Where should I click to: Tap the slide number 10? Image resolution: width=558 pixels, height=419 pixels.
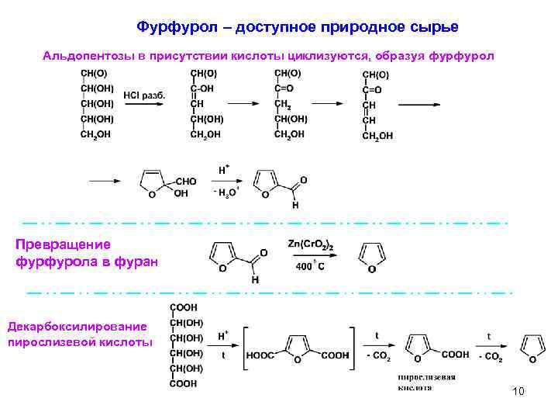(518, 391)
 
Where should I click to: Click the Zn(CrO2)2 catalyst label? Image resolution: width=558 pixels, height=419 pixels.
(311, 245)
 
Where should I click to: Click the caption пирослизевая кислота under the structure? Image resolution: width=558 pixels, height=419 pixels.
(426, 383)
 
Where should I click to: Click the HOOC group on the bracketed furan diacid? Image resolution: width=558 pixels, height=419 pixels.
(260, 355)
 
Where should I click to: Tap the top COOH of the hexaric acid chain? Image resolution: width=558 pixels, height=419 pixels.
(183, 307)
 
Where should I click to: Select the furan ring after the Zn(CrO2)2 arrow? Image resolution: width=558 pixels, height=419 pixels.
(371, 257)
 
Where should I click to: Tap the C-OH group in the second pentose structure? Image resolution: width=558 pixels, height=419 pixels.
(202, 88)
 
